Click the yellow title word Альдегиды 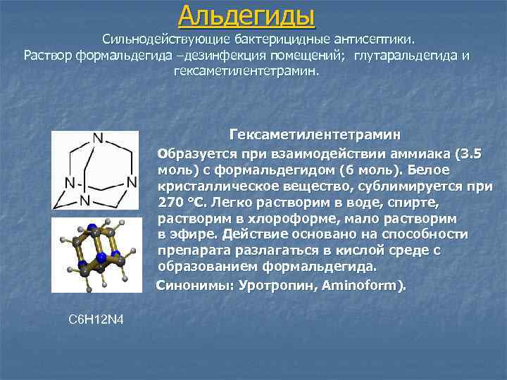[246, 14]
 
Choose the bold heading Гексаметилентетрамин [315, 134]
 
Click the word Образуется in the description [188, 153]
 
